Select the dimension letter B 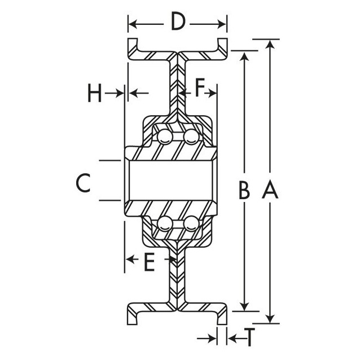click(244, 192)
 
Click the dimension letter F click(200, 89)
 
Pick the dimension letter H click(95, 94)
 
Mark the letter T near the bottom click(247, 338)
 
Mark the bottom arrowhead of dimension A click(271, 318)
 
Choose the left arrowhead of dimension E click(129, 259)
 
